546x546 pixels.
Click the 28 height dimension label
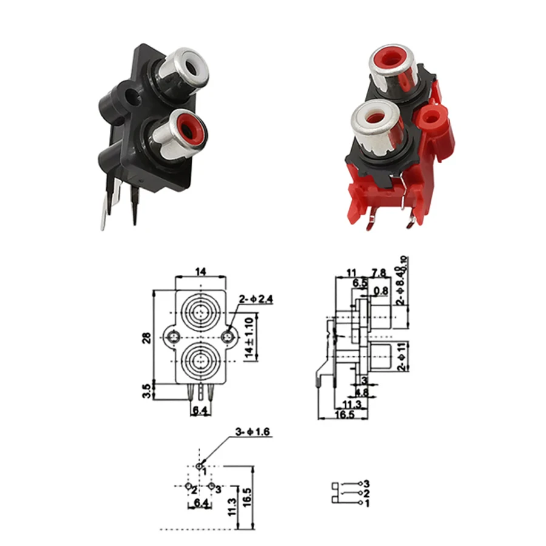pyautogui.click(x=147, y=338)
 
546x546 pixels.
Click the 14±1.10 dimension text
pyautogui.click(x=249, y=337)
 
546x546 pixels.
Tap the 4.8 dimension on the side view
pyautogui.click(x=362, y=392)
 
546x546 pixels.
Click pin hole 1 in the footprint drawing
pyautogui.click(x=200, y=466)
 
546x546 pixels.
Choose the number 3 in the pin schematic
pyautogui.click(x=366, y=483)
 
